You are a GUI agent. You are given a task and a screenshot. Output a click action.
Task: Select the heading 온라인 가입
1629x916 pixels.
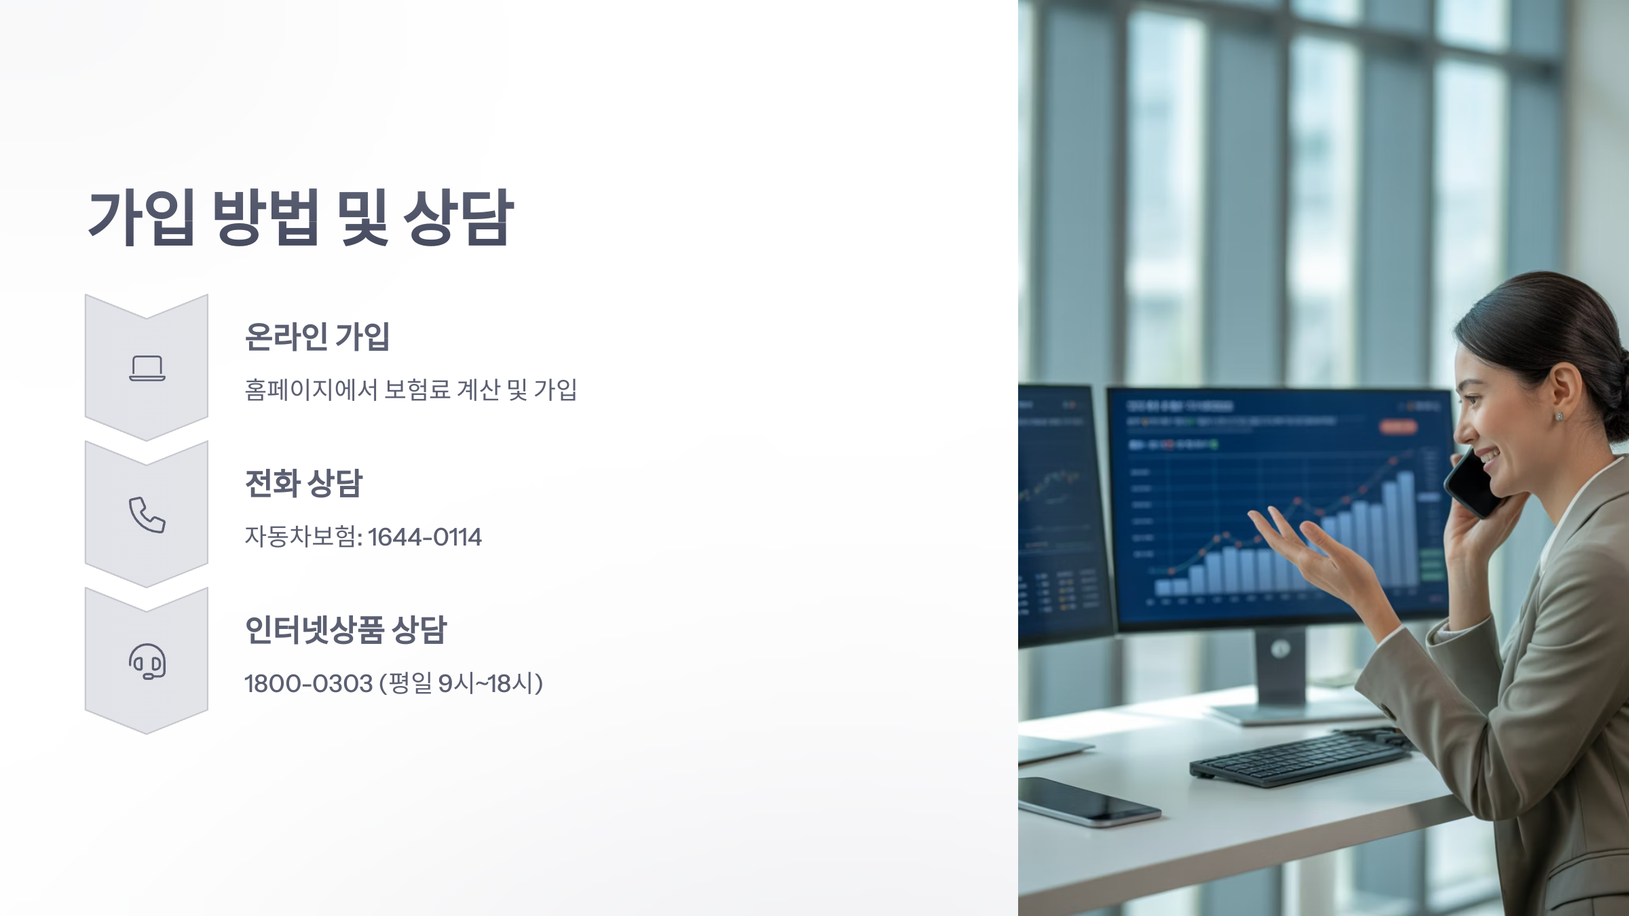(x=317, y=337)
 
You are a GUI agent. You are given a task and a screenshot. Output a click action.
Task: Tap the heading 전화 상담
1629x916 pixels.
(x=303, y=483)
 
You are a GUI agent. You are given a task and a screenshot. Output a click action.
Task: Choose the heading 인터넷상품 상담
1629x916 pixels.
(x=345, y=630)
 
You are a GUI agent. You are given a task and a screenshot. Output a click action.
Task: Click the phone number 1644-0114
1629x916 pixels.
(x=425, y=537)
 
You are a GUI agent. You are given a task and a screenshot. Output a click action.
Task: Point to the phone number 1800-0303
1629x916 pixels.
(x=308, y=684)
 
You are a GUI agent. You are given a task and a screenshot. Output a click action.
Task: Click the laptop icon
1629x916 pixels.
(x=147, y=368)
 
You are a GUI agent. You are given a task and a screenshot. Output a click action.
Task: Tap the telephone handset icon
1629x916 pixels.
(x=147, y=515)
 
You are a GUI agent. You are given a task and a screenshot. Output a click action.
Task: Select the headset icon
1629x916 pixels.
(x=147, y=662)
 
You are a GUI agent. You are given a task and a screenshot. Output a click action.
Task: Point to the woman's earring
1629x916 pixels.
(x=1559, y=416)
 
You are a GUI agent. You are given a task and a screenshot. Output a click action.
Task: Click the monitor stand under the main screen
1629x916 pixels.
(x=1279, y=672)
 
